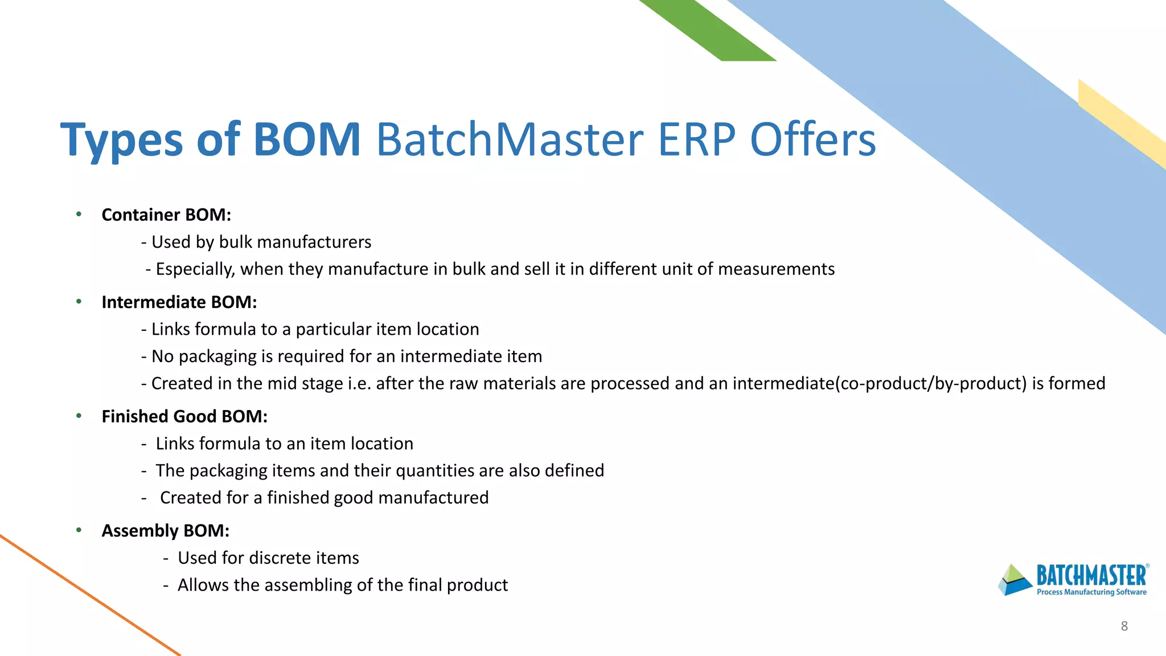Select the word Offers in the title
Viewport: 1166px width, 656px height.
(812, 140)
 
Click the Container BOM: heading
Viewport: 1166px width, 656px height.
(166, 215)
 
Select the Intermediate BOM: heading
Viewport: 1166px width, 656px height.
(179, 302)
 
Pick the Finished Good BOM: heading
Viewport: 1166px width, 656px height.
(184, 417)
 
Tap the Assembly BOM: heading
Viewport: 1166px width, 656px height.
(165, 531)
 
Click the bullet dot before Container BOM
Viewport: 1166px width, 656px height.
(79, 215)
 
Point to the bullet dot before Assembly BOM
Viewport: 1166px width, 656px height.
(79, 531)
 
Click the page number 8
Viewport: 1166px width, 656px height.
(1124, 626)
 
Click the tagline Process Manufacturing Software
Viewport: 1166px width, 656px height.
(1091, 592)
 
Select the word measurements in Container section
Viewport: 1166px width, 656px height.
(776, 269)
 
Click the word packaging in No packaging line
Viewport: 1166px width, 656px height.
(217, 356)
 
